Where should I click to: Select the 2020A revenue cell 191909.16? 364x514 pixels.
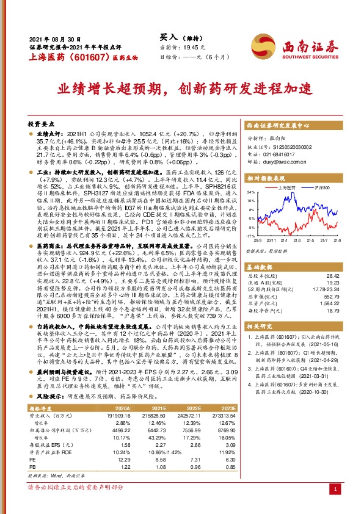(133, 397)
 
